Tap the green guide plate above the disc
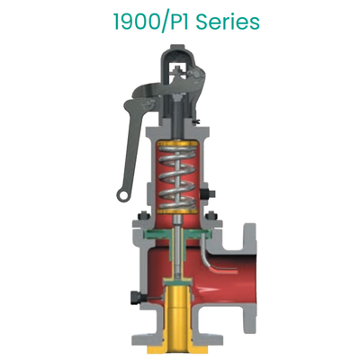180,237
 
